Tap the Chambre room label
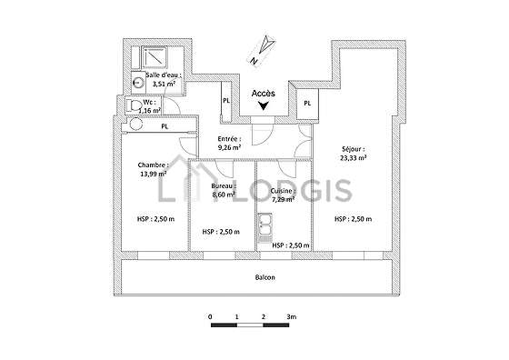(154, 165)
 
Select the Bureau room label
(224, 186)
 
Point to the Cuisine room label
(284, 191)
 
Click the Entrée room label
(229, 139)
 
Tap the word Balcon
(265, 277)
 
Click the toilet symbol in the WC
(134, 105)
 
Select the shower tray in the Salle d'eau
(155, 58)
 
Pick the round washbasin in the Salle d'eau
(138, 83)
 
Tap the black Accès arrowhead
(264, 105)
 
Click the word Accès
(264, 94)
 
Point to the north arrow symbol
(263, 51)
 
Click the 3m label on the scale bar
(292, 316)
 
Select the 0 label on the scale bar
(210, 316)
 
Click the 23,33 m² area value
(354, 158)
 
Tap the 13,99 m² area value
(154, 174)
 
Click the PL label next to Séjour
(307, 104)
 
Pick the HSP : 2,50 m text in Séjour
(354, 219)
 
